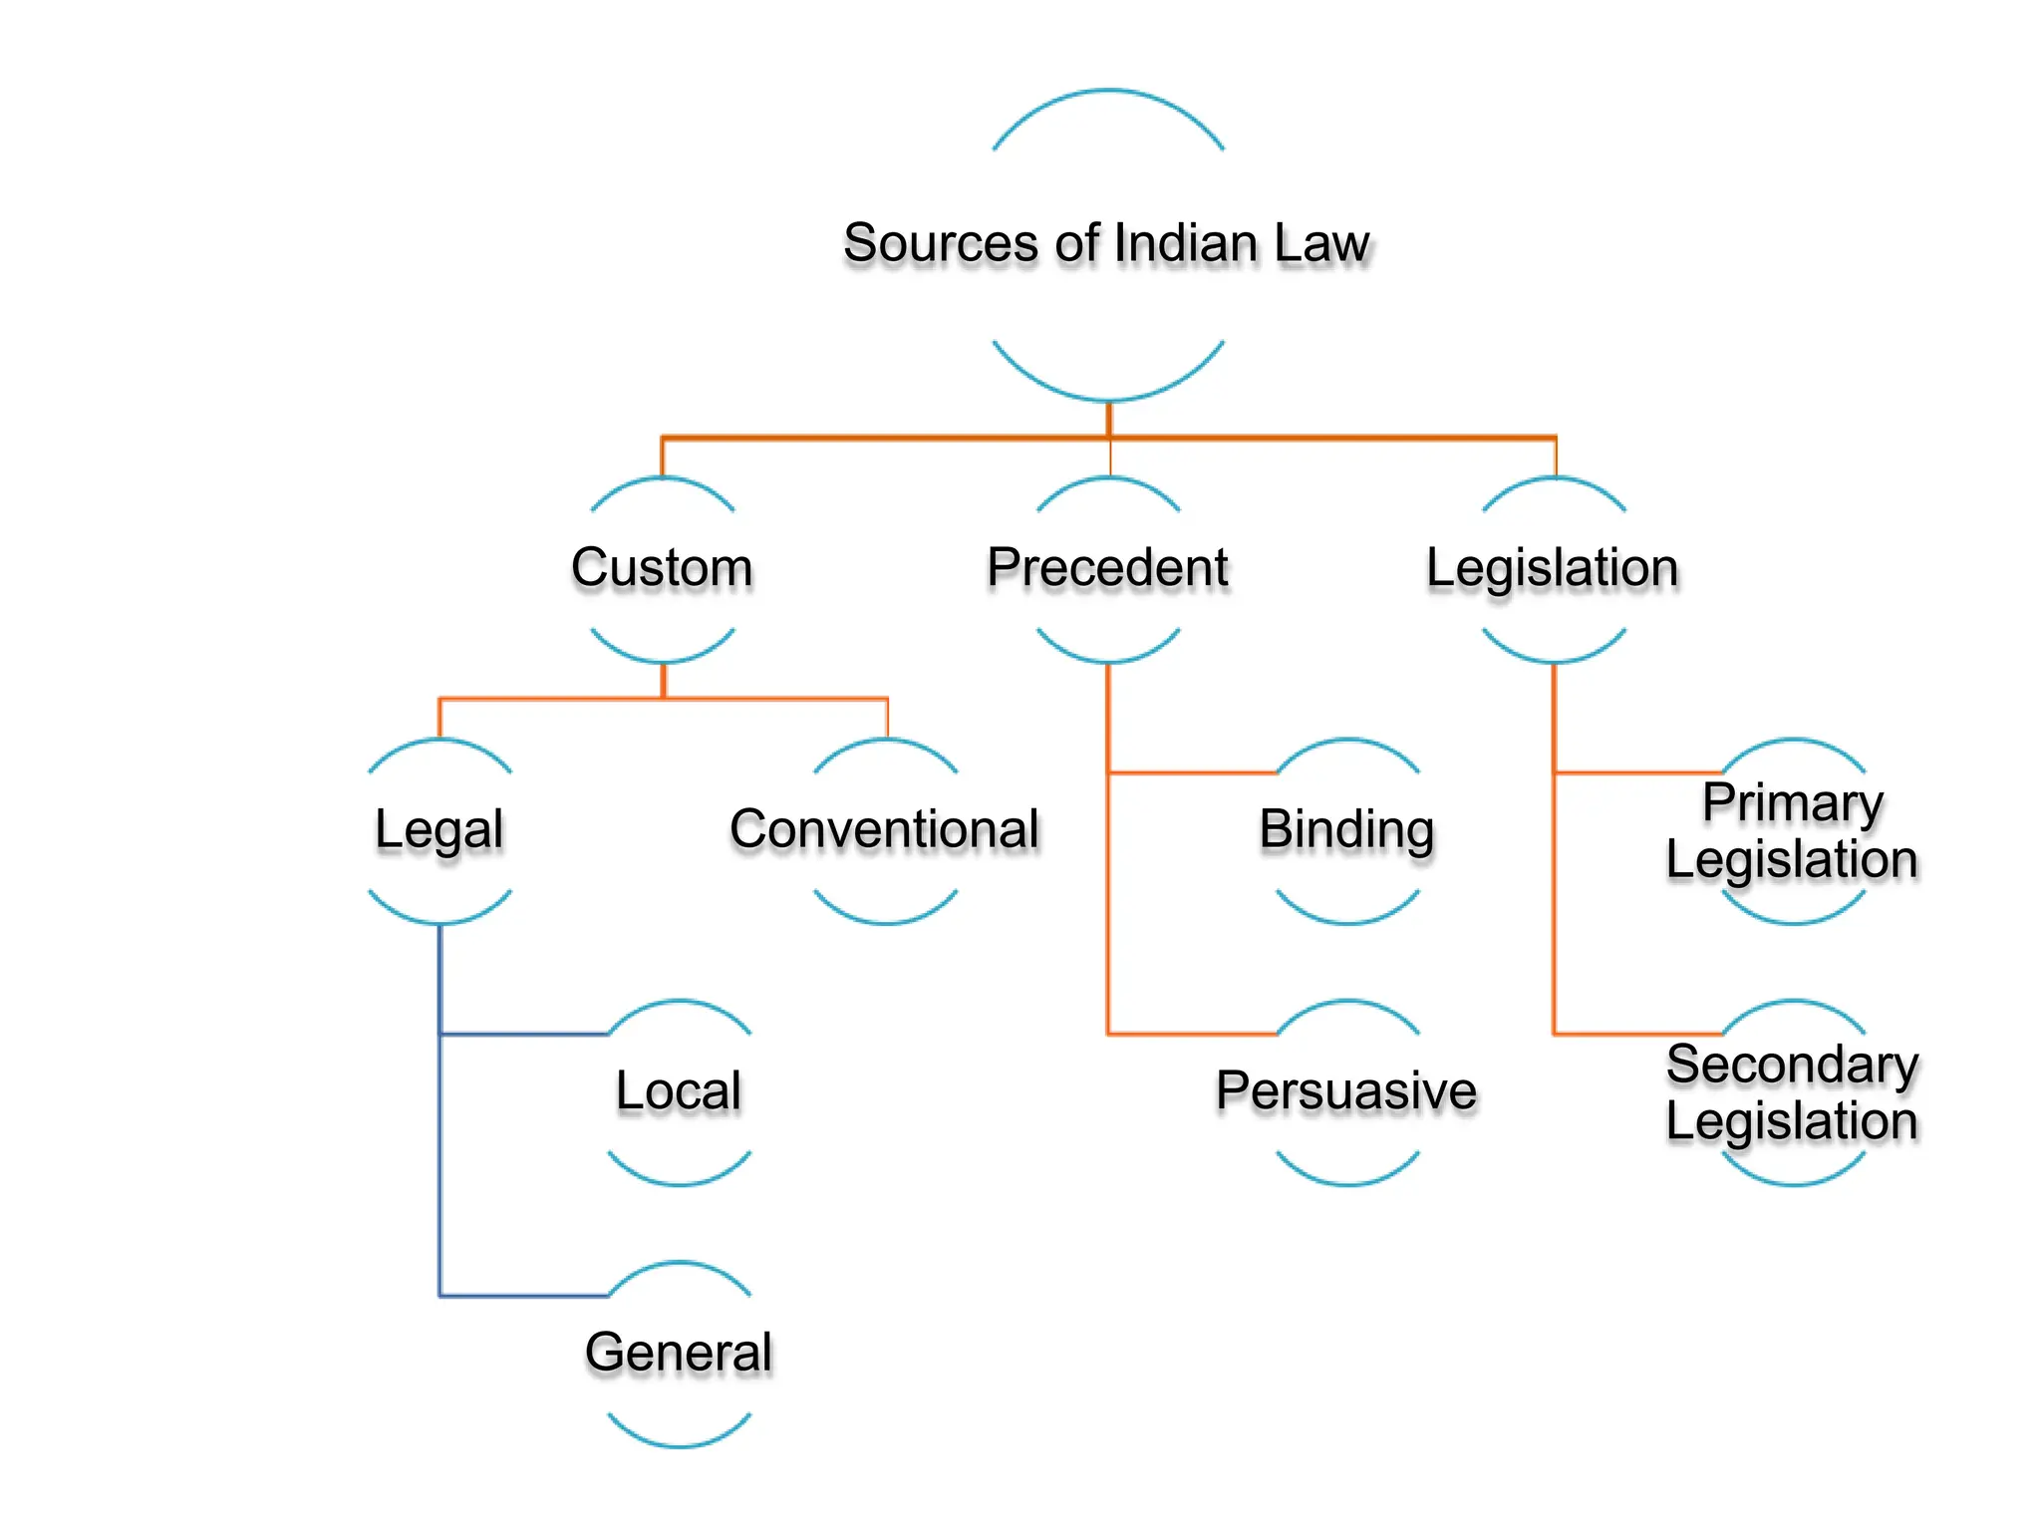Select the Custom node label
tap(662, 568)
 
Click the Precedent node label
tap(1107, 568)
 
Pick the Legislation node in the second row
tap(1552, 568)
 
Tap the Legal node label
tap(438, 829)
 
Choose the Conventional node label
tap(884, 829)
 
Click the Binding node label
tap(1346, 829)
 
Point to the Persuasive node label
tap(1346, 1090)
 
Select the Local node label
tap(679, 1090)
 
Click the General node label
tap(679, 1353)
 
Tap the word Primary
tap(1792, 802)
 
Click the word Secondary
tap(1792, 1065)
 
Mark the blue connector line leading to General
tap(523, 1296)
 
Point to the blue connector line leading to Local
tap(523, 1035)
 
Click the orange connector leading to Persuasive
tap(1191, 1035)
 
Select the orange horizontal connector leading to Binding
tap(1191, 772)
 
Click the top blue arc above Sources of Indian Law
tap(1108, 92)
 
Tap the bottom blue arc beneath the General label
tap(679, 1445)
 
